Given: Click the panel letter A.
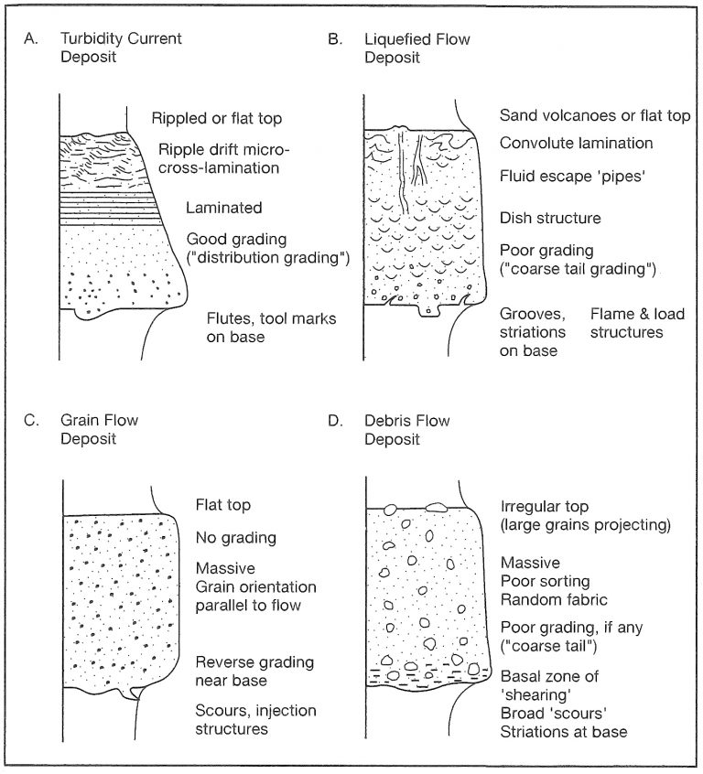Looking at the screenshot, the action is point(30,39).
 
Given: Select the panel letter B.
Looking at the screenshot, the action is point(335,39).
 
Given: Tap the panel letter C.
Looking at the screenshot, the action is point(31,421).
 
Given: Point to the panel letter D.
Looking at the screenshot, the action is point(335,421).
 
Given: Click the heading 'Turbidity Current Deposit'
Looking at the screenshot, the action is point(121,48).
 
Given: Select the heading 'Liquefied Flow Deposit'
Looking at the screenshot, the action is point(417,48).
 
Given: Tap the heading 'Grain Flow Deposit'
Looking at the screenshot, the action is point(99,429).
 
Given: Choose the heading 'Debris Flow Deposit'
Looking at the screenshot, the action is point(407,430).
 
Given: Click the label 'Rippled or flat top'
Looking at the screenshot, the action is point(217,118).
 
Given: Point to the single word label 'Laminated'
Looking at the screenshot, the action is point(223,208).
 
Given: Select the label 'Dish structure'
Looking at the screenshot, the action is point(550,218).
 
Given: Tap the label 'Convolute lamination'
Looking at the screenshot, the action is point(577,143).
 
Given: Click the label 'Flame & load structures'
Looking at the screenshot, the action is point(637,323).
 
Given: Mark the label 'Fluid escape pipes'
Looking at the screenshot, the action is point(573,177).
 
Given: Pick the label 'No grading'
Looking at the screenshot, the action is point(235,538).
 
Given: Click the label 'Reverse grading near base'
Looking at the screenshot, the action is point(254,672).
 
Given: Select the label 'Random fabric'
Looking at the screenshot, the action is point(554,600).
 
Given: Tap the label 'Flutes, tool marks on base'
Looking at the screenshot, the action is point(271,328).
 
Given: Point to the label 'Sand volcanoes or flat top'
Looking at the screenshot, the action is point(595,115).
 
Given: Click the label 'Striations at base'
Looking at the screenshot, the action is point(564,732).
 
